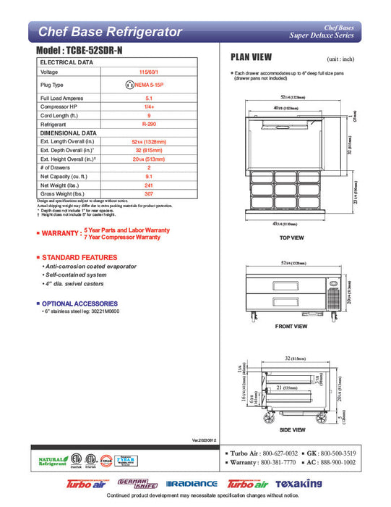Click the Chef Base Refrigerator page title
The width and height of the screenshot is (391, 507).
point(109,32)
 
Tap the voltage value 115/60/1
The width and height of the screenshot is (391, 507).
point(148,72)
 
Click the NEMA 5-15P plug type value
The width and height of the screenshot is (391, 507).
point(148,84)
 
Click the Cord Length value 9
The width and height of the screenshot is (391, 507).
point(148,114)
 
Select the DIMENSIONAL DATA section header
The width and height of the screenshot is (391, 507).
point(68,133)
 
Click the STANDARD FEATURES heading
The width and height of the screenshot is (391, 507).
point(73,258)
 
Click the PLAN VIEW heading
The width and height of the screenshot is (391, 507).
point(251,56)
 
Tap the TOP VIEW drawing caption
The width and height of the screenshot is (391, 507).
point(291,238)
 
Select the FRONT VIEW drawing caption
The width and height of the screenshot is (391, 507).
point(291,326)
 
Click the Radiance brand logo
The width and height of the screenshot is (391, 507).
point(192,484)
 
